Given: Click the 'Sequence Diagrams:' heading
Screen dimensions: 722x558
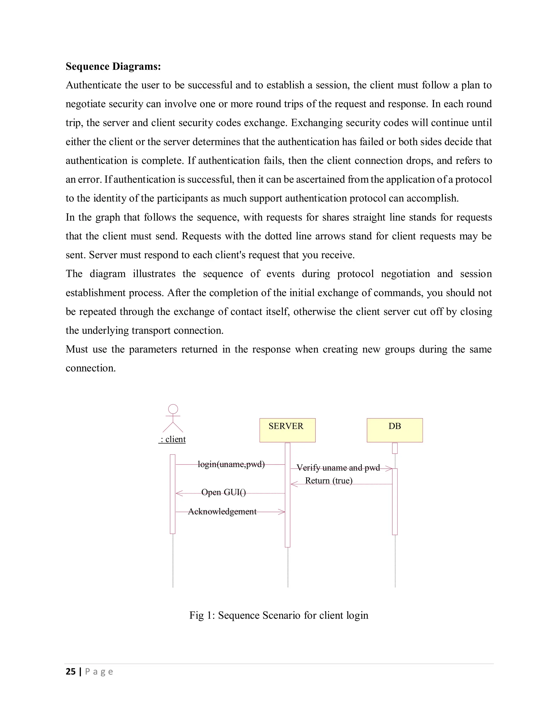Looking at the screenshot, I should click(x=113, y=66).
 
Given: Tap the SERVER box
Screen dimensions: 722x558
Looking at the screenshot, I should click(x=287, y=430).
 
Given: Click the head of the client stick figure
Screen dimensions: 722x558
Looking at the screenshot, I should click(x=173, y=409).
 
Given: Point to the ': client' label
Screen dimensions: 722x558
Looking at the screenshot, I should click(x=172, y=439).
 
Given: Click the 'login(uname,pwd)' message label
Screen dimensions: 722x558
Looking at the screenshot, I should click(x=231, y=464).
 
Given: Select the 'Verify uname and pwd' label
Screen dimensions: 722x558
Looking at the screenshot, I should click(x=338, y=468).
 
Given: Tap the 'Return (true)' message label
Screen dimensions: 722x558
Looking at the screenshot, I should click(x=329, y=481).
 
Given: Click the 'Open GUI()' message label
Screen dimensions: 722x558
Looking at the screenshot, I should click(x=223, y=492).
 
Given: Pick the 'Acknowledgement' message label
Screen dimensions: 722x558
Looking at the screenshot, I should click(x=222, y=511).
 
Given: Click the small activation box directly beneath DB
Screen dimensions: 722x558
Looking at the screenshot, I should click(x=395, y=448).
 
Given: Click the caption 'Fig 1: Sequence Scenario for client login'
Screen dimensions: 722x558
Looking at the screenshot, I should click(x=279, y=615).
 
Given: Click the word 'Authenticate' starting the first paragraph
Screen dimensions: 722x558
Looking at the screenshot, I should click(x=93, y=85).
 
